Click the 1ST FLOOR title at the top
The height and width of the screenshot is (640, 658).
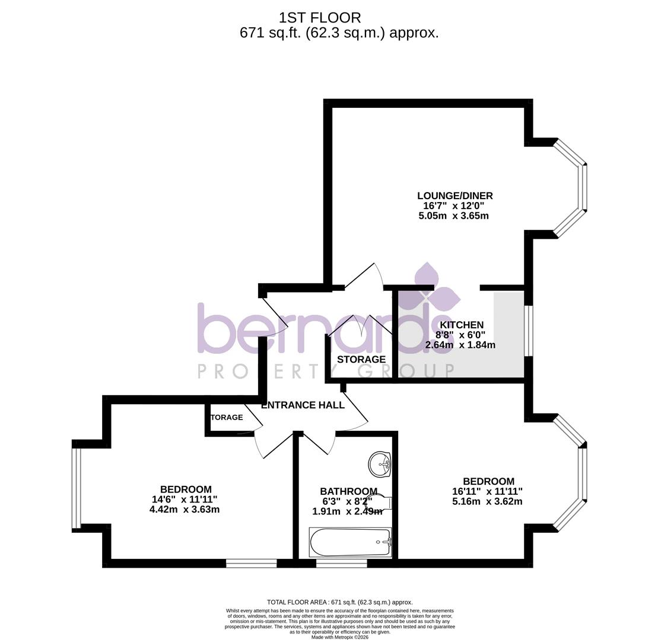pos(319,18)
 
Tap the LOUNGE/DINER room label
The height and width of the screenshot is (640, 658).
pos(454,196)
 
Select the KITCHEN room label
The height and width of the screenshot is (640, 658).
pos(461,325)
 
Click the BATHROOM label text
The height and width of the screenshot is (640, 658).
pos(348,491)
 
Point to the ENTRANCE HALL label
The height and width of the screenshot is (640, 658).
pos(303,405)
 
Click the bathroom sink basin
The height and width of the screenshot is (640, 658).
pos(379,463)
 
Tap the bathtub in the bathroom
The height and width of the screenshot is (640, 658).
pos(350,542)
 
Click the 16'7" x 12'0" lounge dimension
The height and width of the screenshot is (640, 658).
pos(454,206)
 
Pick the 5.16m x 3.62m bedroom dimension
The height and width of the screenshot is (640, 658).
pos(487,501)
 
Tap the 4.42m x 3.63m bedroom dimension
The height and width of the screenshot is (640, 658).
pos(185,509)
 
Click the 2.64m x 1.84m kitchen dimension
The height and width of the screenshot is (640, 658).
pos(460,345)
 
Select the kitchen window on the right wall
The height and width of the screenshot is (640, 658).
pos(529,331)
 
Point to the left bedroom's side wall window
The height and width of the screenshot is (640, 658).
pos(76,487)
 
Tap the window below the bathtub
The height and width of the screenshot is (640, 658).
pos(341,563)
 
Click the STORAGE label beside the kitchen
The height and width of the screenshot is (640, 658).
pos(361,359)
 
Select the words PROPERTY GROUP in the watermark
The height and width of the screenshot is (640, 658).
pos(325,372)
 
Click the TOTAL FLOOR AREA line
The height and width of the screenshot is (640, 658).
pos(339,602)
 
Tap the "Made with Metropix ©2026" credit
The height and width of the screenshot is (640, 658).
pos(340,637)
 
